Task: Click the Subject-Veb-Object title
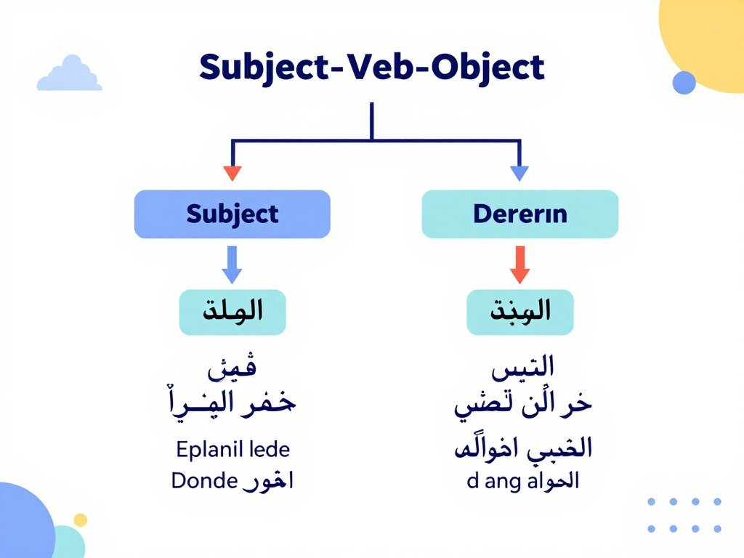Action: coord(371,68)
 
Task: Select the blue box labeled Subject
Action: coord(232,214)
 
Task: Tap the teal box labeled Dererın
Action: coord(519,214)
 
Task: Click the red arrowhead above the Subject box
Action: coord(232,173)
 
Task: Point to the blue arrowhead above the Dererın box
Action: coord(519,173)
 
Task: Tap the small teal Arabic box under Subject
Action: coord(232,312)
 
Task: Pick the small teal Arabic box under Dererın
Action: coord(519,312)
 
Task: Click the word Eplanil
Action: coord(206,449)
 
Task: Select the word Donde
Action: coord(204,480)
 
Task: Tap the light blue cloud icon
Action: coord(70,75)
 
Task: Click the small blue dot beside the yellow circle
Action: coord(684,82)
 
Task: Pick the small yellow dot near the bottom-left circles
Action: coord(80,519)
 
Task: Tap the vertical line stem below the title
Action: coord(371,120)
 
